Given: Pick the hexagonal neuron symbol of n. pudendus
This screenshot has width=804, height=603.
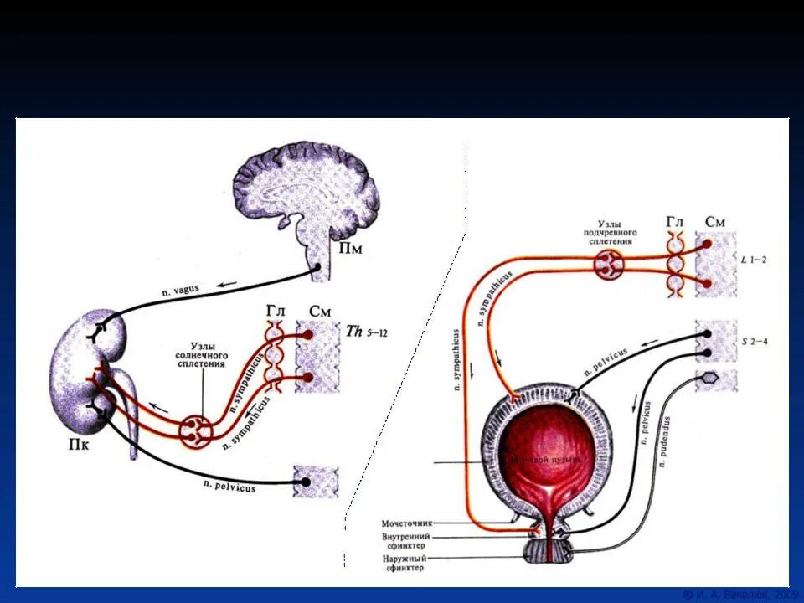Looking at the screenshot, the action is coord(709,379).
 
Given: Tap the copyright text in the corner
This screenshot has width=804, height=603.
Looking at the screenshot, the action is coord(736,594).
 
